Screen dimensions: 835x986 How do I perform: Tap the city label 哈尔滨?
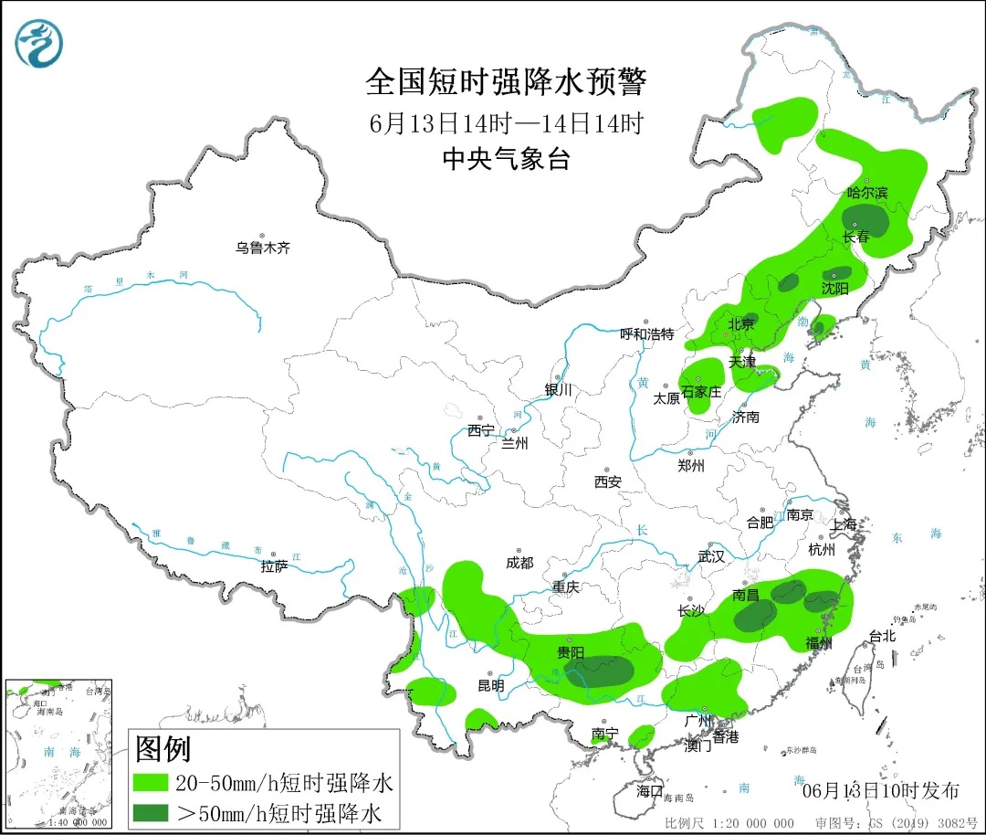pos(866,193)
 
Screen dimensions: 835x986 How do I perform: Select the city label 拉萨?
pos(274,566)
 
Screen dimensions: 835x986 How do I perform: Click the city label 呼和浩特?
pos(646,334)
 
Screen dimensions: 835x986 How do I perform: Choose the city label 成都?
pos(519,564)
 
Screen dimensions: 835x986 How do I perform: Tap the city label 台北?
pos(882,637)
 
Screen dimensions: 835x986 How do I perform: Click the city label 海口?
pos(649,791)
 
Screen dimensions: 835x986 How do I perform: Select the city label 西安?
pos(607,481)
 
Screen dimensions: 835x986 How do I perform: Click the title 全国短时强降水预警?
pos(506,82)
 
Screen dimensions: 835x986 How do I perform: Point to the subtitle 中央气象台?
pos(506,159)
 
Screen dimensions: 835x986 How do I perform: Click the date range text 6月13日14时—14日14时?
pos(507,122)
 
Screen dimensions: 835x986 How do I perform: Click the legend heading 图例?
pos(163,749)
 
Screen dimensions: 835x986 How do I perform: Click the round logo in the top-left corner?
pos(41,44)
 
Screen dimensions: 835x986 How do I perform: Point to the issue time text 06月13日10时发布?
pos(880,790)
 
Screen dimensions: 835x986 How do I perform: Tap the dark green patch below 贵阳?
pos(599,671)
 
